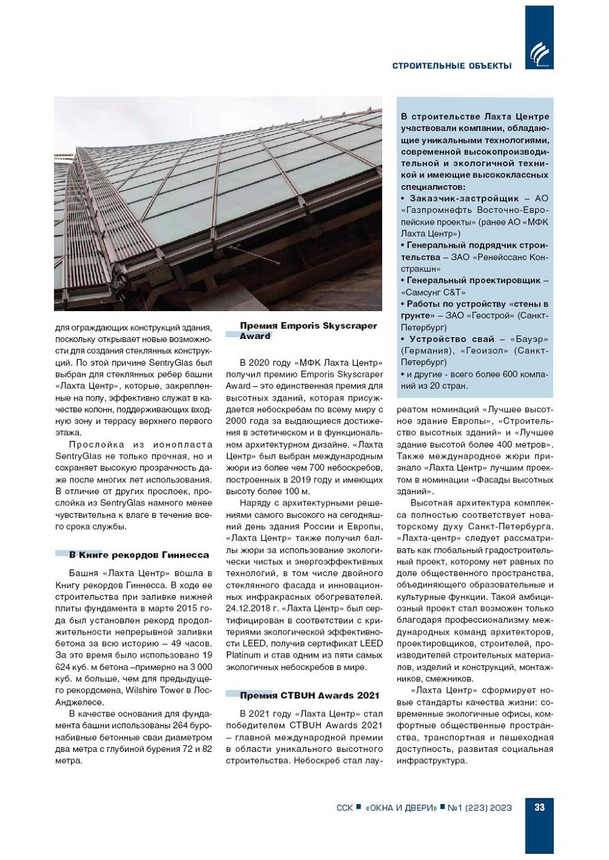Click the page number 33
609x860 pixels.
(539, 807)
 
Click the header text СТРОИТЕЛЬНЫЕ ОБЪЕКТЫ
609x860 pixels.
(452, 66)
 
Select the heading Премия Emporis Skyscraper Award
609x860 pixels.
(308, 330)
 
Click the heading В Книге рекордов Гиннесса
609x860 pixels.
(139, 554)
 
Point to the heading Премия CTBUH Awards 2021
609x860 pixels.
(309, 695)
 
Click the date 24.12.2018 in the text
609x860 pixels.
(248, 609)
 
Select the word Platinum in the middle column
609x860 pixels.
(243, 655)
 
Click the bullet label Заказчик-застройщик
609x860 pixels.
(464, 199)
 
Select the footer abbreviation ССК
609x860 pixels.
(344, 808)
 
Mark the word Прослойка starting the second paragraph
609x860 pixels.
(97, 445)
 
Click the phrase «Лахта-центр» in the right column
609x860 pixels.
(428, 538)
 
